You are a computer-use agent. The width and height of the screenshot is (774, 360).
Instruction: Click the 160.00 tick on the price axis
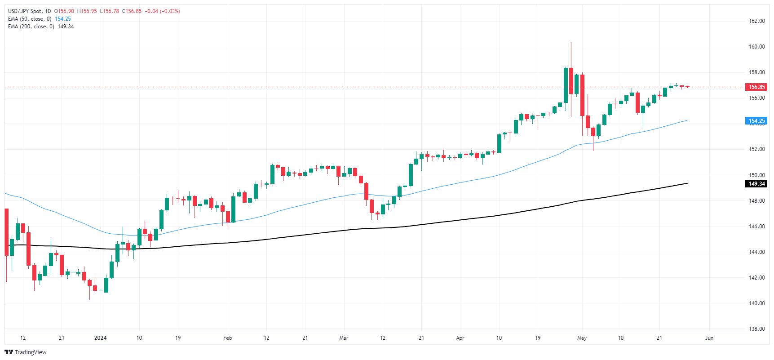756,47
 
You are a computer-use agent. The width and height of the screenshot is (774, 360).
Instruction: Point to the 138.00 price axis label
756,329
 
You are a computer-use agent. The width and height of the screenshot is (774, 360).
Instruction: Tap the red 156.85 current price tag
756,87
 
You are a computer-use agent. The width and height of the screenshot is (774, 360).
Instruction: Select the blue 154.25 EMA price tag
756,121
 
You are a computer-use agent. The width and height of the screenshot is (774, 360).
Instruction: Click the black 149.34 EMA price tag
756,184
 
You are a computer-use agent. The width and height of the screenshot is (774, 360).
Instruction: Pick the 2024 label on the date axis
100,338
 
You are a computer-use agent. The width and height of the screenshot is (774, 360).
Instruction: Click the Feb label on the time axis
228,338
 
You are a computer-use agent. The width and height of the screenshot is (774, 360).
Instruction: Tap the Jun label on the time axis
709,338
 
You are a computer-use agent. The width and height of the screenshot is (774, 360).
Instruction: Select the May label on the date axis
582,338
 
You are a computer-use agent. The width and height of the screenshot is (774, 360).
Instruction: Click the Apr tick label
460,338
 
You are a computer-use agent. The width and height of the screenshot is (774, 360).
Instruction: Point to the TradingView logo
26,352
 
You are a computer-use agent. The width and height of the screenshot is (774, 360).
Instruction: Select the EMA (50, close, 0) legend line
30,19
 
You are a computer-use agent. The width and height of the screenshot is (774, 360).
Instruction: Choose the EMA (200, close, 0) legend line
31,27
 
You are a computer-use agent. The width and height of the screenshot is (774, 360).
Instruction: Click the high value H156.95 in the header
87,11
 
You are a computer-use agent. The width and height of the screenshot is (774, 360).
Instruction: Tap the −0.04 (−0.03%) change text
162,11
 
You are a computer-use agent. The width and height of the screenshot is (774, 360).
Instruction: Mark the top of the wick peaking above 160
571,43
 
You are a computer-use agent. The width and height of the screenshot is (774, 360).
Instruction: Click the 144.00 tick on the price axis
756,252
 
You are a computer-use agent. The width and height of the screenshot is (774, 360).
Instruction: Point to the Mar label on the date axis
344,338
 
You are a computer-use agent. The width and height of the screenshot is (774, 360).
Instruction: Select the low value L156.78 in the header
109,11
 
